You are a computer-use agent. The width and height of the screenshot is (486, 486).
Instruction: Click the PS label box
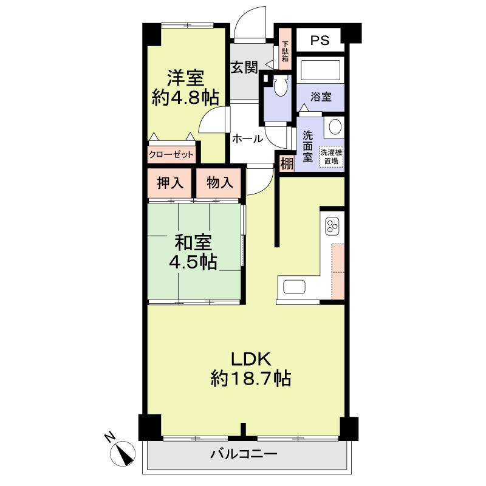coord(320,41)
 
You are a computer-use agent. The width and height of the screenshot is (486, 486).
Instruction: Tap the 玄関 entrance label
coord(243,67)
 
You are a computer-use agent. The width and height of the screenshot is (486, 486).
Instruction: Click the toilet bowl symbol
coord(280,87)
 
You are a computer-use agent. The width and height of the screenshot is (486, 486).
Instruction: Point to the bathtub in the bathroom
coord(323,72)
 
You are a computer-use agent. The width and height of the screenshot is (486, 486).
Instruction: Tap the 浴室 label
coord(320,97)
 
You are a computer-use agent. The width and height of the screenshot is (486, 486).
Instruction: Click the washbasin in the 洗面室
coord(335,127)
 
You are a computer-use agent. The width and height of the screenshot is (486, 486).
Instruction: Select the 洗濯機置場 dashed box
coord(332,157)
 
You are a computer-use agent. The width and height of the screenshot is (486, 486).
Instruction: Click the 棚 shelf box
coord(287,163)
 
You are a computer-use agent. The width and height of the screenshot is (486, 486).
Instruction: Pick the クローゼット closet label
coord(171,154)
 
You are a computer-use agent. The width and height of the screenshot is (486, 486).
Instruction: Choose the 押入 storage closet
coord(169,183)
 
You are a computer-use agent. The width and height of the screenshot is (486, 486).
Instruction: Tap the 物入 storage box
coord(219,183)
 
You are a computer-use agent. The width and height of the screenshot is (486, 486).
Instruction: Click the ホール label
coord(247,139)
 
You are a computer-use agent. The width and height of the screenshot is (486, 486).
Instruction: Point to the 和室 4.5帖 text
coord(193,252)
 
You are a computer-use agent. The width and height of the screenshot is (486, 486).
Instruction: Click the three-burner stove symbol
coord(332,227)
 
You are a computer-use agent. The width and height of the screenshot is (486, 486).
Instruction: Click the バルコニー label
coord(244,454)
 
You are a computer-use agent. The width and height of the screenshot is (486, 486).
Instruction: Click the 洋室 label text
coord(185,79)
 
